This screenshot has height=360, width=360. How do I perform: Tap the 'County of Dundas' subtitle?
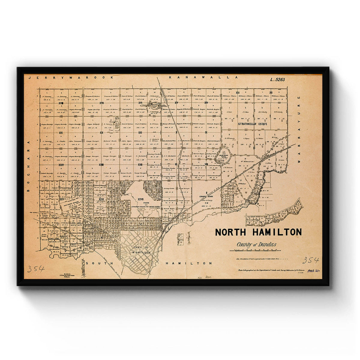click(256, 244)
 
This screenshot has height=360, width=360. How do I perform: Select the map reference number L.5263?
click(277, 80)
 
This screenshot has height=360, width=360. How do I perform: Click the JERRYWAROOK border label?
click(71, 77)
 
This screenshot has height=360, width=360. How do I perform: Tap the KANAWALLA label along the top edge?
click(203, 77)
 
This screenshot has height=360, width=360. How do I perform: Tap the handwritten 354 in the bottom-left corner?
click(36, 268)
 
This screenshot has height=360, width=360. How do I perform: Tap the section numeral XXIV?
click(61, 165)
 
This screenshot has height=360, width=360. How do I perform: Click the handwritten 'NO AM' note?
click(204, 277)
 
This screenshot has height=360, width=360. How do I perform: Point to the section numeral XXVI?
click(101, 199)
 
